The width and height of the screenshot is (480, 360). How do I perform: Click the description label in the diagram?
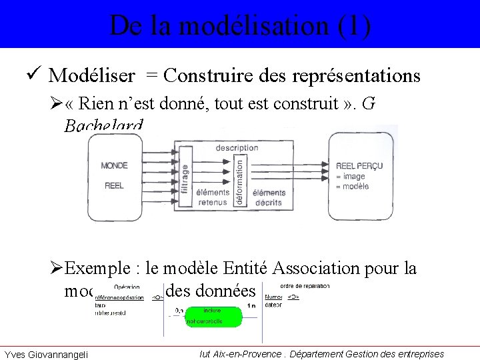pos(237,148)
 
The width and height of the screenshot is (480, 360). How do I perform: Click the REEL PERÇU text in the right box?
pos(359,166)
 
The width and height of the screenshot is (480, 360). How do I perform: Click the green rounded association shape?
pos(213,316)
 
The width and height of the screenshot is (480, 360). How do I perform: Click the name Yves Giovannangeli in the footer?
pos(45,353)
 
